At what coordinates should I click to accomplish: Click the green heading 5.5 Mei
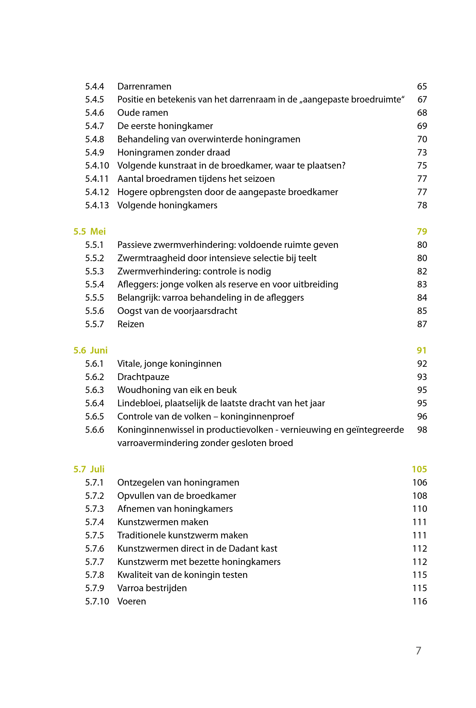coord(90,232)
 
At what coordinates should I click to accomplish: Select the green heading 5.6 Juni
coord(91,350)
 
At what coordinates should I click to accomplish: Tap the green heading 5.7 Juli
coord(89,469)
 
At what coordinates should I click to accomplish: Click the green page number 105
coord(419,469)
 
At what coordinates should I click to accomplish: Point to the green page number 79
coord(422,232)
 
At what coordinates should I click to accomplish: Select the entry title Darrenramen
coord(144,86)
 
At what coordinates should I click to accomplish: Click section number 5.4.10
coord(97,166)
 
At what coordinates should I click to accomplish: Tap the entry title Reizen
coord(131,324)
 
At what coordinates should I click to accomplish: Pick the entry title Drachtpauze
coord(143,377)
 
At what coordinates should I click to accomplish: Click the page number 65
coord(422,86)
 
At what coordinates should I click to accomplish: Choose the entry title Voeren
coord(132,601)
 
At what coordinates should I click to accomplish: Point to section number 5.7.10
coord(97,601)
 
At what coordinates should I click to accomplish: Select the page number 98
coord(422,430)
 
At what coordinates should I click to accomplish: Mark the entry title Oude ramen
coord(143,113)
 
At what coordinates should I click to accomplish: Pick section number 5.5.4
coord(94,284)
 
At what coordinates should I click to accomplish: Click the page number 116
coord(420,601)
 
